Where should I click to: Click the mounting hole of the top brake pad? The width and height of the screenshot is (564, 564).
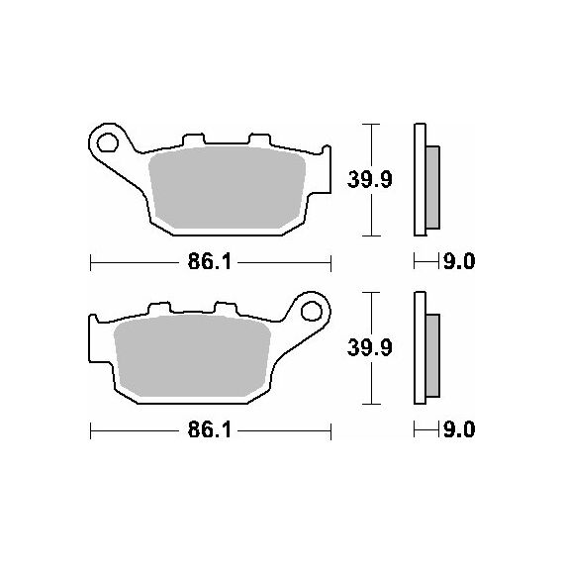108,142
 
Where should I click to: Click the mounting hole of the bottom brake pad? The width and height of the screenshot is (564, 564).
312,311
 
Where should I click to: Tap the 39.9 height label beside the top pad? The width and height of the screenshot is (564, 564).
370,179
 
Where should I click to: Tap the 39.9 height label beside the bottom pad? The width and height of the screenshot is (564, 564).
370,348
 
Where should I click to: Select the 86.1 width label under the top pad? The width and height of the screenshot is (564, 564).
210,262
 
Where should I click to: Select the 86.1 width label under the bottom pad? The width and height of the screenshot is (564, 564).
210,429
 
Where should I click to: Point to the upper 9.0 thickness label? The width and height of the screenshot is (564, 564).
459,261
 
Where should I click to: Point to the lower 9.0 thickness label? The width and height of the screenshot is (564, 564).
459,429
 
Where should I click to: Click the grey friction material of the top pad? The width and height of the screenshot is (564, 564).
228,187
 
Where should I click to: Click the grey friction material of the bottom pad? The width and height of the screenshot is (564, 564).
192,355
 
